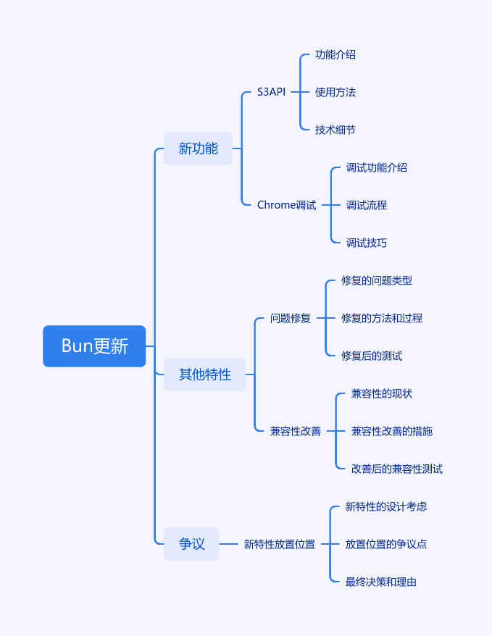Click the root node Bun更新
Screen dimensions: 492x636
point(94,346)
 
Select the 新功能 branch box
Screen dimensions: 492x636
point(198,148)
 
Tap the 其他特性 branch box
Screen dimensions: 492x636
point(204,375)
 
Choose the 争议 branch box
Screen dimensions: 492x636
point(191,544)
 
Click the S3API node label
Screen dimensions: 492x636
point(271,92)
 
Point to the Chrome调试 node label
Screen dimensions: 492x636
point(286,205)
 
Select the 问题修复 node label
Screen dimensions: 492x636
point(291,319)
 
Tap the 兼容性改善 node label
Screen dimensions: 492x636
point(296,431)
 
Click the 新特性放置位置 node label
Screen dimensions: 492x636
point(280,544)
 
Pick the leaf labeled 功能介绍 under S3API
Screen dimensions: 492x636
point(335,55)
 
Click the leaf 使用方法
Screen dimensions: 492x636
point(335,93)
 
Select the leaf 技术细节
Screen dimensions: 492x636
point(335,130)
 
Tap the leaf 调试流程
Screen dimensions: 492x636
point(367,205)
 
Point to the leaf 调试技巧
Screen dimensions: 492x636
point(367,243)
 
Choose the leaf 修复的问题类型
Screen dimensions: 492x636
point(377,280)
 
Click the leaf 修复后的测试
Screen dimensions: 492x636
point(372,356)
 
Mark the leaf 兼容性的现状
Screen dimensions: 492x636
point(382,394)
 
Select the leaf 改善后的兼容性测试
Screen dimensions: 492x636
point(397,469)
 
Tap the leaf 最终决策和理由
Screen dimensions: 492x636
point(381,582)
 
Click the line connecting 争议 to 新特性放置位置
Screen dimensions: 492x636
point(229,544)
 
